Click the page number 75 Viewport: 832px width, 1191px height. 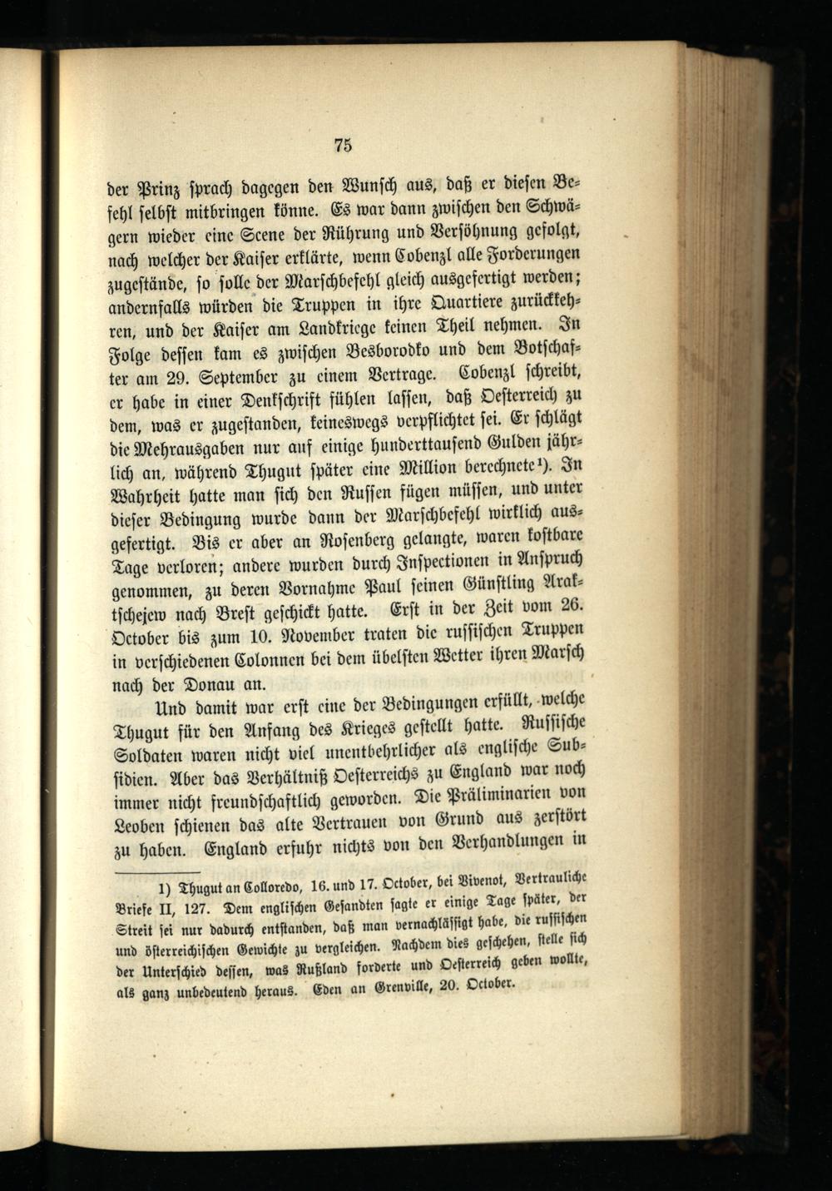pyautogui.click(x=343, y=145)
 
